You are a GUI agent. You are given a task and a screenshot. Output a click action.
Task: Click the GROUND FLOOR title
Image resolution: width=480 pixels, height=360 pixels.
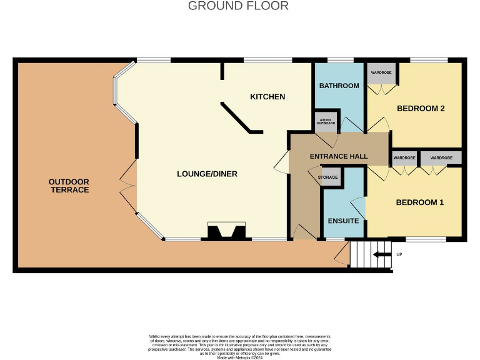(x=238, y=6)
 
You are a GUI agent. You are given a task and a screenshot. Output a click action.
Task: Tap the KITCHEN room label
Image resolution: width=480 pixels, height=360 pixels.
(x=267, y=97)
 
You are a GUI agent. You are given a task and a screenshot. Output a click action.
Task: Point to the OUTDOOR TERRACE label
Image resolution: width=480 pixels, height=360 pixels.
(x=69, y=186)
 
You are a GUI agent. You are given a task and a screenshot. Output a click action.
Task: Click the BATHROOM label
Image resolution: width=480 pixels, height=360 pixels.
(x=339, y=86)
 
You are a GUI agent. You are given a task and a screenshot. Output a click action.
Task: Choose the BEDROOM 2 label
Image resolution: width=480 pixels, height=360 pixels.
(x=421, y=109)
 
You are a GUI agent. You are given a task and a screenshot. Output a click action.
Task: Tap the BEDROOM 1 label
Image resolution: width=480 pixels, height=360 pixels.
(x=419, y=202)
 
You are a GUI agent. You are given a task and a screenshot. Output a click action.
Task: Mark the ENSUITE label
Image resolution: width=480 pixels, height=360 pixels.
(x=343, y=221)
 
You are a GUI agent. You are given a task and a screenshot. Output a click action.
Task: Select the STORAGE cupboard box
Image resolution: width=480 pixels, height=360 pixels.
(x=331, y=177)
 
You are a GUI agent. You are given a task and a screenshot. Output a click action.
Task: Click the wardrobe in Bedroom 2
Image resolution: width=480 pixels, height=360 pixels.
(x=381, y=72)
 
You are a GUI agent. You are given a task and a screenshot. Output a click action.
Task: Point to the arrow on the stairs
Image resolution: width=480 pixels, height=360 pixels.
(x=379, y=254)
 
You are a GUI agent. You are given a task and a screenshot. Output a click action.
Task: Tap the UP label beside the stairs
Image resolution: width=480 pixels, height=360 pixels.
(x=399, y=255)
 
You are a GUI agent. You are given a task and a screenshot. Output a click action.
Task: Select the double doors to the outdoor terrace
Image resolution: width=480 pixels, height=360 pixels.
(x=128, y=186)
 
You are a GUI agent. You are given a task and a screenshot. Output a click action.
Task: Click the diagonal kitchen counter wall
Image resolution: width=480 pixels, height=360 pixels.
(x=239, y=119)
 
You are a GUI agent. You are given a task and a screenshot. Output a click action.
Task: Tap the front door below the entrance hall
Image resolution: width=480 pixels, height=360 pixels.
(x=304, y=233)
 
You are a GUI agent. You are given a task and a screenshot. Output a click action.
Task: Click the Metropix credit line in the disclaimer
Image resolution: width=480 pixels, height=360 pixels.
(x=239, y=357)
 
